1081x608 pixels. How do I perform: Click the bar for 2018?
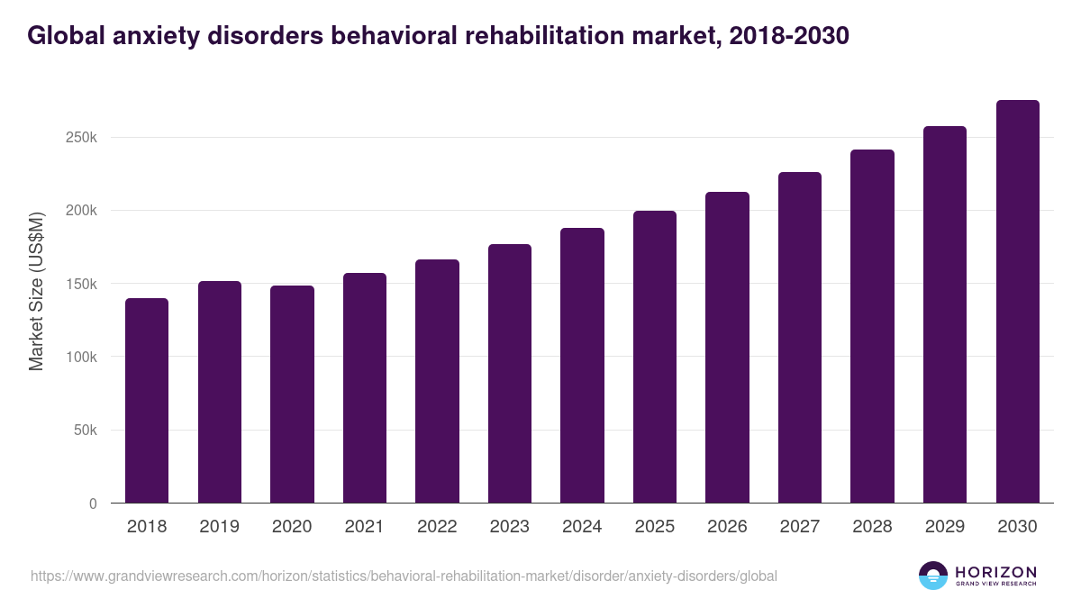[x=147, y=401]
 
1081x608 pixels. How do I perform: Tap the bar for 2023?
[x=510, y=374]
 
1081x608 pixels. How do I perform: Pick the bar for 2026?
[x=727, y=348]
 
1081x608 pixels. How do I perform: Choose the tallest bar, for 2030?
[x=1017, y=302]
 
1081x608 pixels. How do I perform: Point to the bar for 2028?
[x=872, y=326]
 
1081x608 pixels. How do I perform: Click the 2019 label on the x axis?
[x=219, y=527]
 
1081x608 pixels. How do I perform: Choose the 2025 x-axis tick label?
[x=654, y=527]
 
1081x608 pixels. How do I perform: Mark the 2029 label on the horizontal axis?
[x=944, y=527]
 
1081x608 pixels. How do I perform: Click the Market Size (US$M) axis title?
[x=37, y=292]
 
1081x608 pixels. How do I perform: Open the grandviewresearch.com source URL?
[x=404, y=576]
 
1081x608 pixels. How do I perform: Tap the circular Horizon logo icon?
[x=932, y=576]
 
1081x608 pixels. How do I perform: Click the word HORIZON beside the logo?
[x=995, y=572]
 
